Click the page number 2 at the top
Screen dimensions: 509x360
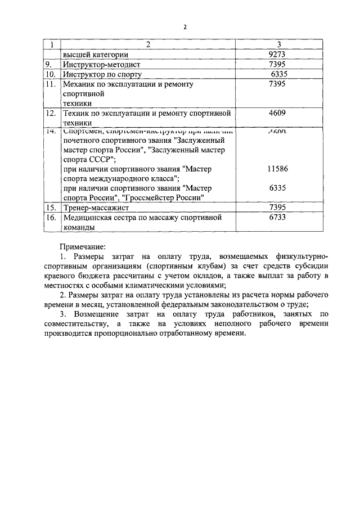[184, 27]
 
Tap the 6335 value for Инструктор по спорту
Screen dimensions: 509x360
[278, 74]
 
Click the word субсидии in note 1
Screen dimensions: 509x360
[313, 265]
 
